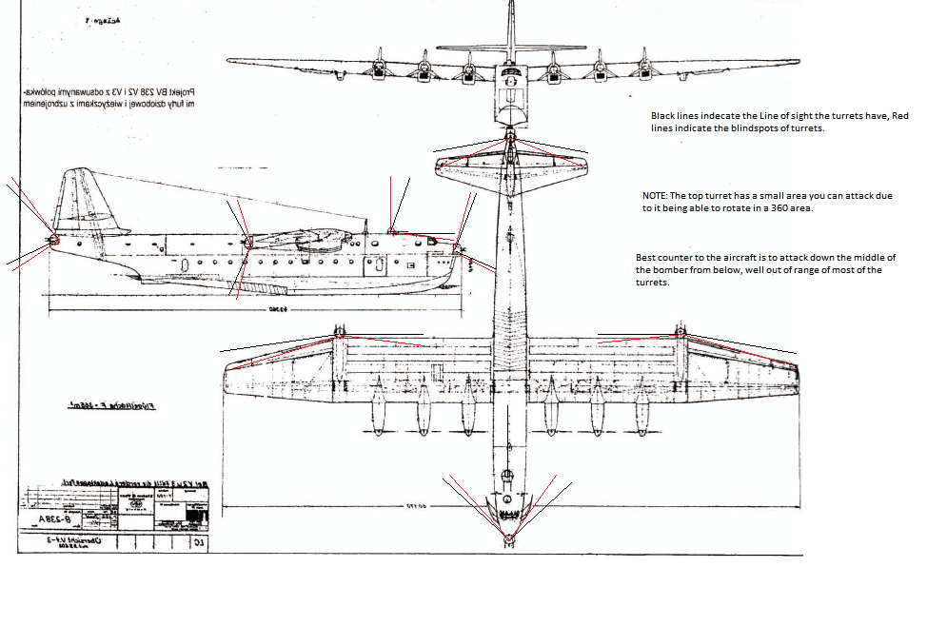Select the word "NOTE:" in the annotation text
coord(659,195)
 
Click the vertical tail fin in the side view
coord(87,200)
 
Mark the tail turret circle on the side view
coord(53,239)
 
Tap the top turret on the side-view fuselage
coord(392,228)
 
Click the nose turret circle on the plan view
coord(508,538)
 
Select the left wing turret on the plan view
coord(340,332)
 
